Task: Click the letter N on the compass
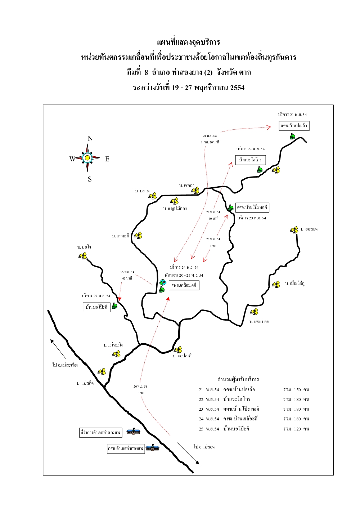click(x=90, y=138)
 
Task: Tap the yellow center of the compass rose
click(x=87, y=158)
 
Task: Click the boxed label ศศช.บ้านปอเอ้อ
click(x=294, y=126)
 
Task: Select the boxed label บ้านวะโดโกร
click(x=250, y=160)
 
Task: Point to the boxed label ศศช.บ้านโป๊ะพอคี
click(x=252, y=207)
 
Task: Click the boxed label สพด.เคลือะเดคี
click(x=184, y=285)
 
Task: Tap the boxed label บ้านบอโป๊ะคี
click(x=96, y=307)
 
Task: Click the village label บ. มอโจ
click(x=84, y=247)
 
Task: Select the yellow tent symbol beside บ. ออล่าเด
click(x=294, y=230)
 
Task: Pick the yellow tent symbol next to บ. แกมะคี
click(x=138, y=236)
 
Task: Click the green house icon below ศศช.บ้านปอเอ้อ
click(x=293, y=136)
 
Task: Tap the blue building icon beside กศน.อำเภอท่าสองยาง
click(x=152, y=448)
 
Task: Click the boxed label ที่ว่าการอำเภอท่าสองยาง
click(x=100, y=432)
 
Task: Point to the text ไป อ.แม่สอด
click(x=204, y=447)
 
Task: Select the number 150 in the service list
click(x=297, y=390)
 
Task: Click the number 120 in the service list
click(x=297, y=429)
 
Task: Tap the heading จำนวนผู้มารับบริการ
click(x=238, y=379)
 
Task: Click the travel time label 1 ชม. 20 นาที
click(x=210, y=142)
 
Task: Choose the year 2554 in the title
click(x=237, y=88)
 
